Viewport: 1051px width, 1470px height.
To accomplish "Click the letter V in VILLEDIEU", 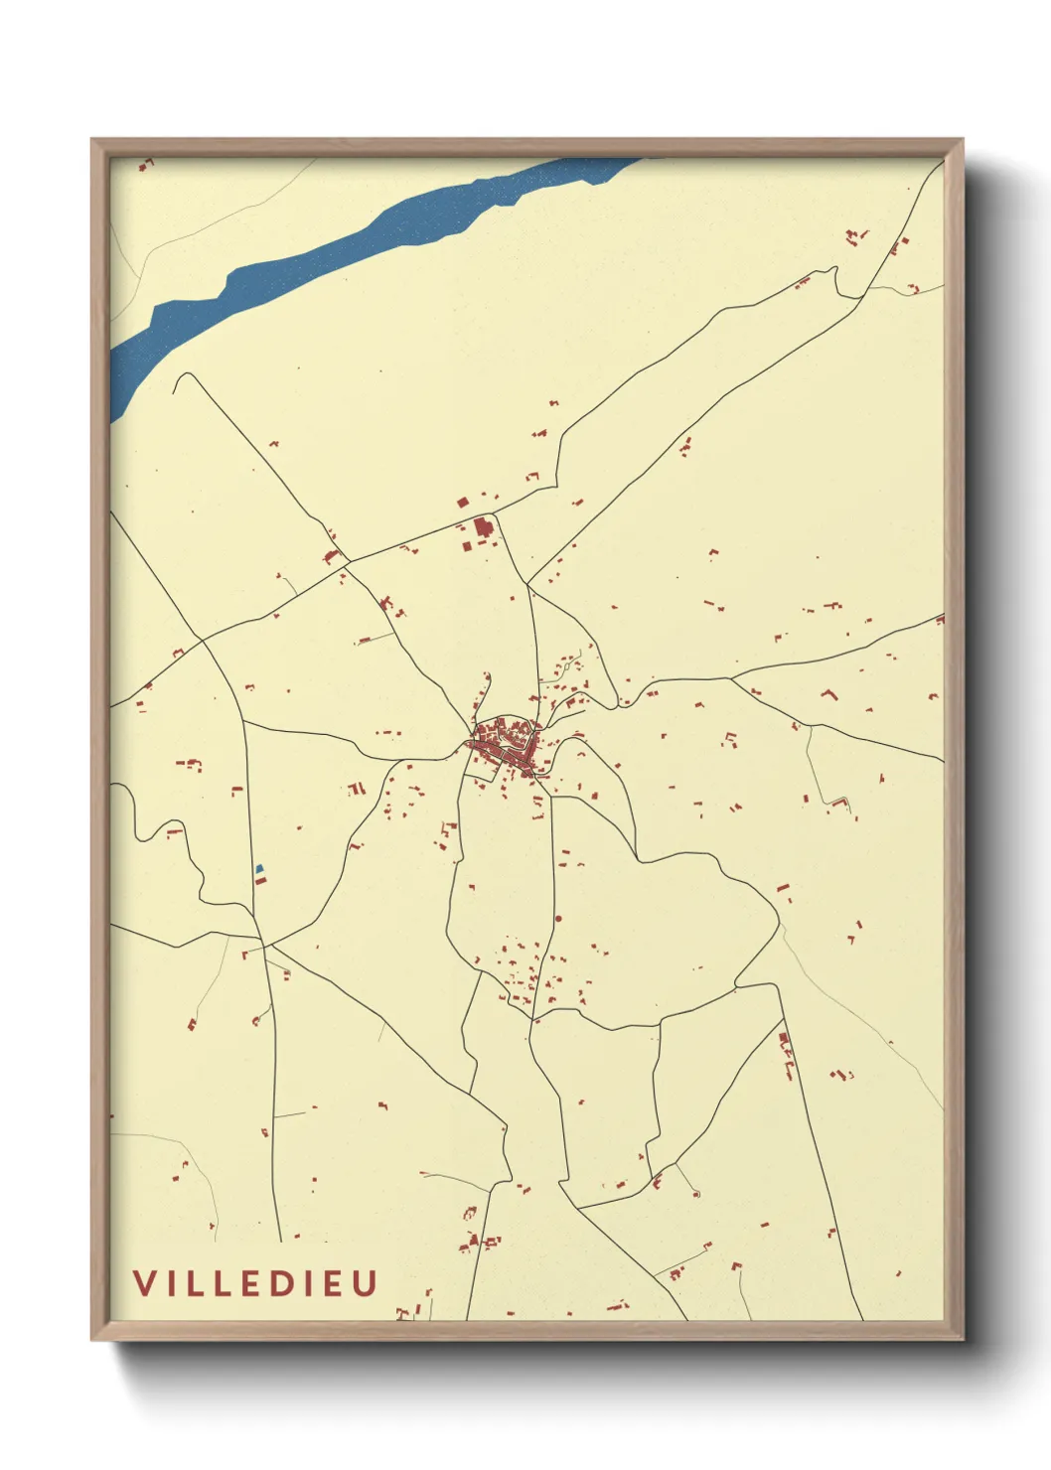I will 145,1282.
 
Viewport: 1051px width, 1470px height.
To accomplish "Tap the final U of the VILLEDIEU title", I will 366,1282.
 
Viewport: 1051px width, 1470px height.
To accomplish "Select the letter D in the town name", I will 279,1282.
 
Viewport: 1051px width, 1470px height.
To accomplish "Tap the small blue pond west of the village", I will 260,869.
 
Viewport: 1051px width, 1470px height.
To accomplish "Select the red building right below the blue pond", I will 259,880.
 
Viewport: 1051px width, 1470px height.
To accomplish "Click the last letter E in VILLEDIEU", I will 335,1282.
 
